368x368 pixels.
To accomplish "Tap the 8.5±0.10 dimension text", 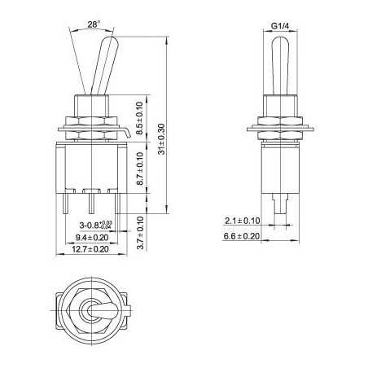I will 139,118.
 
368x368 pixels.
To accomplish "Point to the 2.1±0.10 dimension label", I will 242,221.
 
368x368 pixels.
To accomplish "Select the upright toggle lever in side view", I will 278,65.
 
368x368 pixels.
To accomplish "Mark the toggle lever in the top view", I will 91,314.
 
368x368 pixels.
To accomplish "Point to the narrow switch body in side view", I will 278,163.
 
